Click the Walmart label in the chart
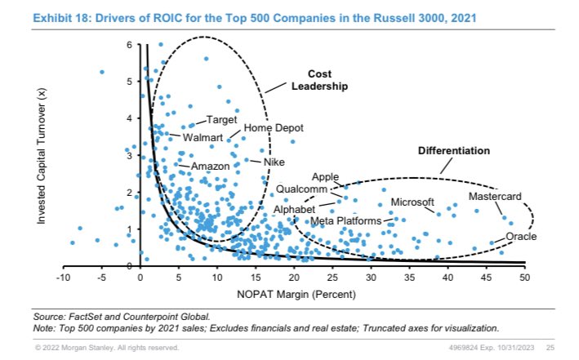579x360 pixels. (203, 137)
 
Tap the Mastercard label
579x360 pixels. (495, 198)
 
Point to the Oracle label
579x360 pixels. (522, 237)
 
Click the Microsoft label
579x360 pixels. (412, 202)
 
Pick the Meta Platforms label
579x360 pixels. (345, 221)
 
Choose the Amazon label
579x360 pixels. (210, 167)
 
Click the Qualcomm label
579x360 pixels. (301, 189)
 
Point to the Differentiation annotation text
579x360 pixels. (454, 151)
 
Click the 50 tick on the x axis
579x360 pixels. (525, 278)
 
